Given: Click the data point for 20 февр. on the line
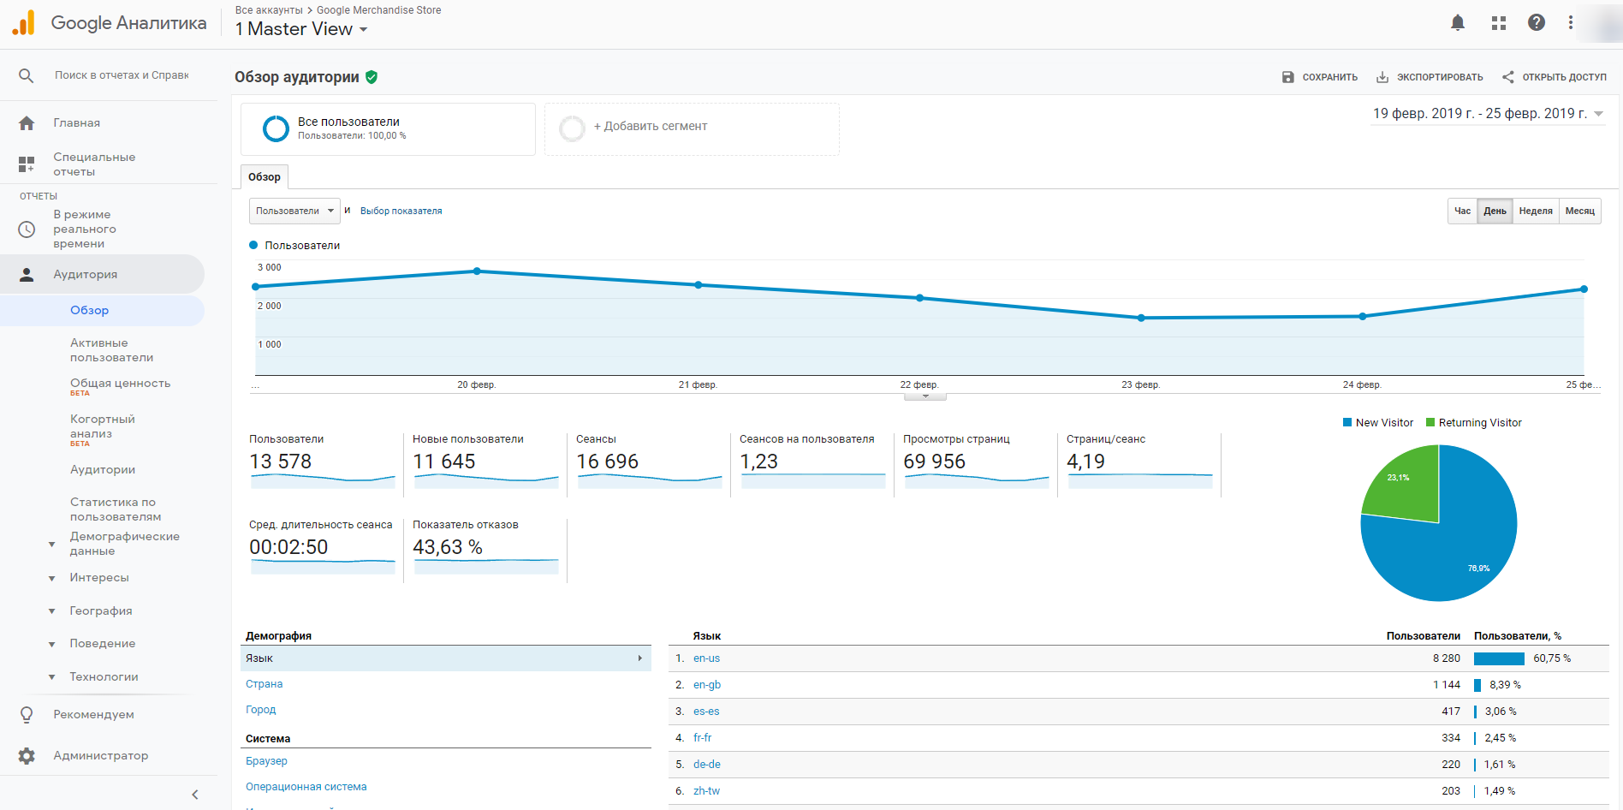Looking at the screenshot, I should coord(477,271).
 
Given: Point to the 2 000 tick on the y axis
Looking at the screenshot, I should coord(270,306).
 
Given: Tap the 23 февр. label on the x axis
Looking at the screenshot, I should coord(1140,385).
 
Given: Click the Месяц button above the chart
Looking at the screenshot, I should coord(1579,211).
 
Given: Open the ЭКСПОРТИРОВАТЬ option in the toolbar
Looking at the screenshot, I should coord(1430,77).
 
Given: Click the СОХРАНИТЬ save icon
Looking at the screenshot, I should coord(1288,77).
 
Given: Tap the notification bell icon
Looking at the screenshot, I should coord(1458,23).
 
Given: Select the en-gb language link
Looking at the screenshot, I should coord(707,685).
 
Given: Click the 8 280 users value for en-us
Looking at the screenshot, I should coord(1446,658).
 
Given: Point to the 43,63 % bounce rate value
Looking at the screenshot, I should coord(448,547).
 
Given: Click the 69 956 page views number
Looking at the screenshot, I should coord(934,462).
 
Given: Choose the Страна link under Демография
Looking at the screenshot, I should coord(264,684).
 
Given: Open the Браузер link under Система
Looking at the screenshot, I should coord(266,761).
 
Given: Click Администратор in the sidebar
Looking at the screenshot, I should coord(100,756).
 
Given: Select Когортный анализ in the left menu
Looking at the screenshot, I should coord(102,426).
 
